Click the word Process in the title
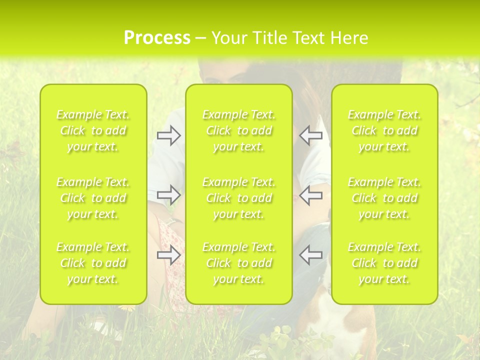coord(157,38)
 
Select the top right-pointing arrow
coord(168,135)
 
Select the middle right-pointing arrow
coord(168,194)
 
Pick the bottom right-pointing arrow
coord(168,254)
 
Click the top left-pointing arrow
coord(310,135)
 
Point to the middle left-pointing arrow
coord(310,194)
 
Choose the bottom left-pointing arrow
coord(310,254)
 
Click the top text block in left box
coord(93,131)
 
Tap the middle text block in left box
coord(93,198)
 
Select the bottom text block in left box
coord(93,263)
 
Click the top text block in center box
coord(239,131)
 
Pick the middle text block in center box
coord(239,198)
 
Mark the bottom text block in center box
coord(239,263)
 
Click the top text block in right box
coord(384,131)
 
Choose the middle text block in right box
coord(384,198)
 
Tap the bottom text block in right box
coord(384,263)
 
